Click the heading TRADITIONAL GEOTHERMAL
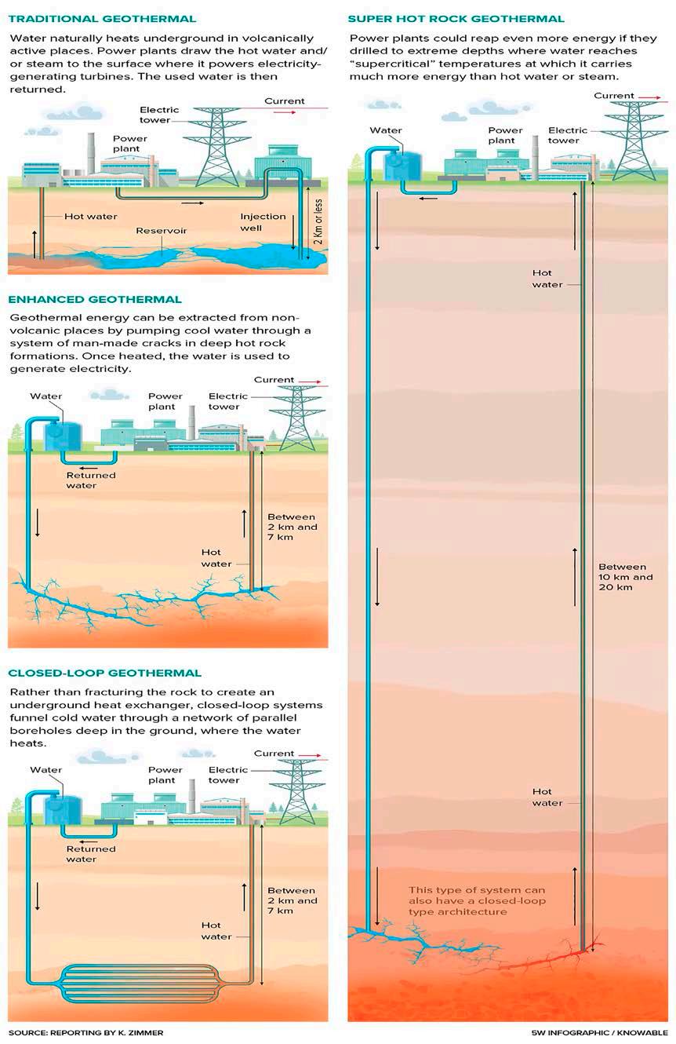point(102,18)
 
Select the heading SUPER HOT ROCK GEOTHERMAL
point(456,18)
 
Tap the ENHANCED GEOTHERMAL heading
point(95,299)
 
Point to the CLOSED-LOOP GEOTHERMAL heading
point(104,673)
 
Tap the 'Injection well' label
point(256,222)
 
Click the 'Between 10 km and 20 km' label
point(622,577)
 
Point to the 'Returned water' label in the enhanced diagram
point(91,480)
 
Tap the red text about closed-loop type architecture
point(477,901)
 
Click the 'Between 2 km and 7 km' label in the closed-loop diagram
point(293,900)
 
